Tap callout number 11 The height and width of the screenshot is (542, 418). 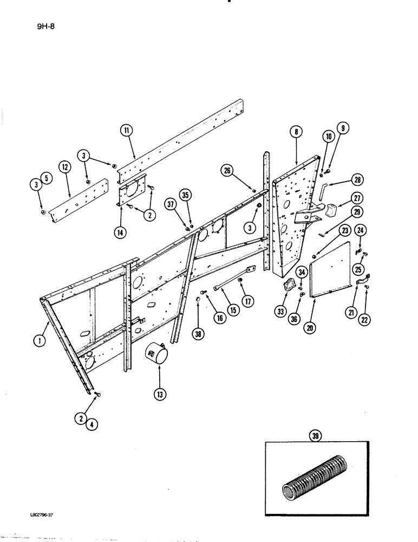tap(126, 130)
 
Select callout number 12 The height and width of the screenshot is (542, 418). tap(66, 169)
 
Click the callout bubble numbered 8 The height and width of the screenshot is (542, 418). tap(296, 132)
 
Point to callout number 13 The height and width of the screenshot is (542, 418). tap(159, 395)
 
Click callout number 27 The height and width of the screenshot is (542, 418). tap(357, 198)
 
